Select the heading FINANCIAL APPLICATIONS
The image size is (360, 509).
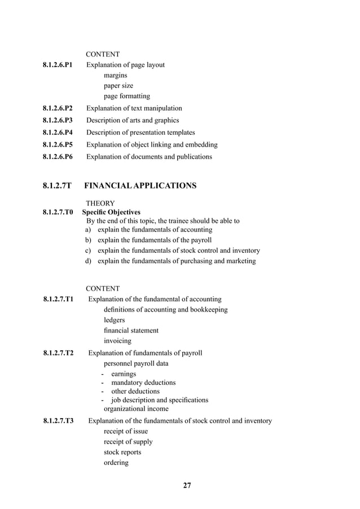(x=140, y=185)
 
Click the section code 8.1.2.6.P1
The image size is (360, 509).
(x=58, y=65)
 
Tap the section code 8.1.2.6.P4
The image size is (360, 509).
(x=58, y=133)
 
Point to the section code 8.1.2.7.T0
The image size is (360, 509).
(x=58, y=212)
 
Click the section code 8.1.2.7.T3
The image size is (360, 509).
(x=58, y=421)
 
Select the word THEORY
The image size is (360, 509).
(x=100, y=203)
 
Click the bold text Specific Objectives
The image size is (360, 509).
(x=111, y=212)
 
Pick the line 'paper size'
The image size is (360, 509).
(x=118, y=86)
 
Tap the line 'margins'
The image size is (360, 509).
(x=115, y=75)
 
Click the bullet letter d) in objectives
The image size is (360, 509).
(x=88, y=261)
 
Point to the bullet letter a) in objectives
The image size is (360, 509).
(x=88, y=230)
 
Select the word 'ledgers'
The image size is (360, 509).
(x=115, y=320)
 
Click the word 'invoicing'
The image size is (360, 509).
(x=117, y=341)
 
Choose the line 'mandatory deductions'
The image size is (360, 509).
(x=143, y=383)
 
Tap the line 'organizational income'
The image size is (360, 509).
(x=135, y=409)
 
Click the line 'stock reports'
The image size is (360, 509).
(x=122, y=452)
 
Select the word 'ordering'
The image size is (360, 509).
(x=116, y=463)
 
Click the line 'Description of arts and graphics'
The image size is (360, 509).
(x=133, y=120)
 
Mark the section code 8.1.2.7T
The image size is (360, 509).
(x=57, y=185)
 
